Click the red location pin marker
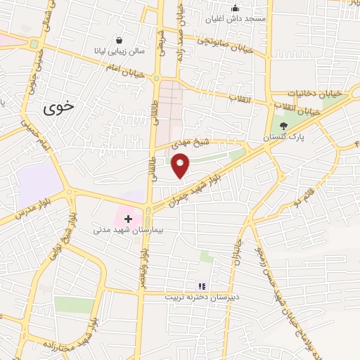click(181, 165)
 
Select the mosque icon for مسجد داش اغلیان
click(235, 8)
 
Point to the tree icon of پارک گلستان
click(283, 127)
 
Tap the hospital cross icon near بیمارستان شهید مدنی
click(128, 219)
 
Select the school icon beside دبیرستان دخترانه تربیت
click(202, 286)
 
